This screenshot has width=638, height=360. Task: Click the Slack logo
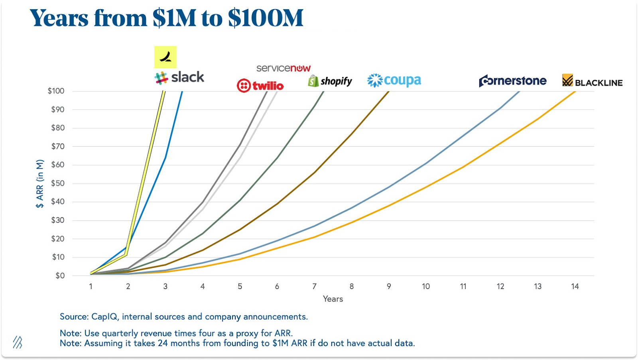click(x=179, y=77)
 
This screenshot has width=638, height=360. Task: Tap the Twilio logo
click(x=260, y=86)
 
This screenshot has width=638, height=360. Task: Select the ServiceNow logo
click(x=283, y=68)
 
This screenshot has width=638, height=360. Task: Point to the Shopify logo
click(x=330, y=81)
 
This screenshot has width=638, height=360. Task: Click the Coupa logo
click(x=394, y=81)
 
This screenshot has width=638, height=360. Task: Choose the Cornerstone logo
click(x=512, y=81)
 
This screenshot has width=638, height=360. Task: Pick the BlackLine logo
click(x=592, y=81)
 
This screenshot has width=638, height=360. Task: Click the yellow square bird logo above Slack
click(x=165, y=57)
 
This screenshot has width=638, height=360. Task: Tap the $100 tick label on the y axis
click(x=56, y=91)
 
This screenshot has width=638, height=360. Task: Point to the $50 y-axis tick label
click(x=57, y=183)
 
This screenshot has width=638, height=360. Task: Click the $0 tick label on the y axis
click(x=60, y=275)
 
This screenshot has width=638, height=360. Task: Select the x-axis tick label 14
click(x=575, y=286)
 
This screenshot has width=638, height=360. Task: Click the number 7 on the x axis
click(x=314, y=286)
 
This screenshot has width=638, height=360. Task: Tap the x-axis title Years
click(x=333, y=299)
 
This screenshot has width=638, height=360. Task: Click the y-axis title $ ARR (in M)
click(x=39, y=184)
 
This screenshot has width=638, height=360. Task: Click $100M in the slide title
click(x=266, y=18)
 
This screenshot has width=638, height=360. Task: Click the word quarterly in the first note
click(x=119, y=333)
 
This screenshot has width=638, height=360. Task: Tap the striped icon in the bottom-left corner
click(x=17, y=342)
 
